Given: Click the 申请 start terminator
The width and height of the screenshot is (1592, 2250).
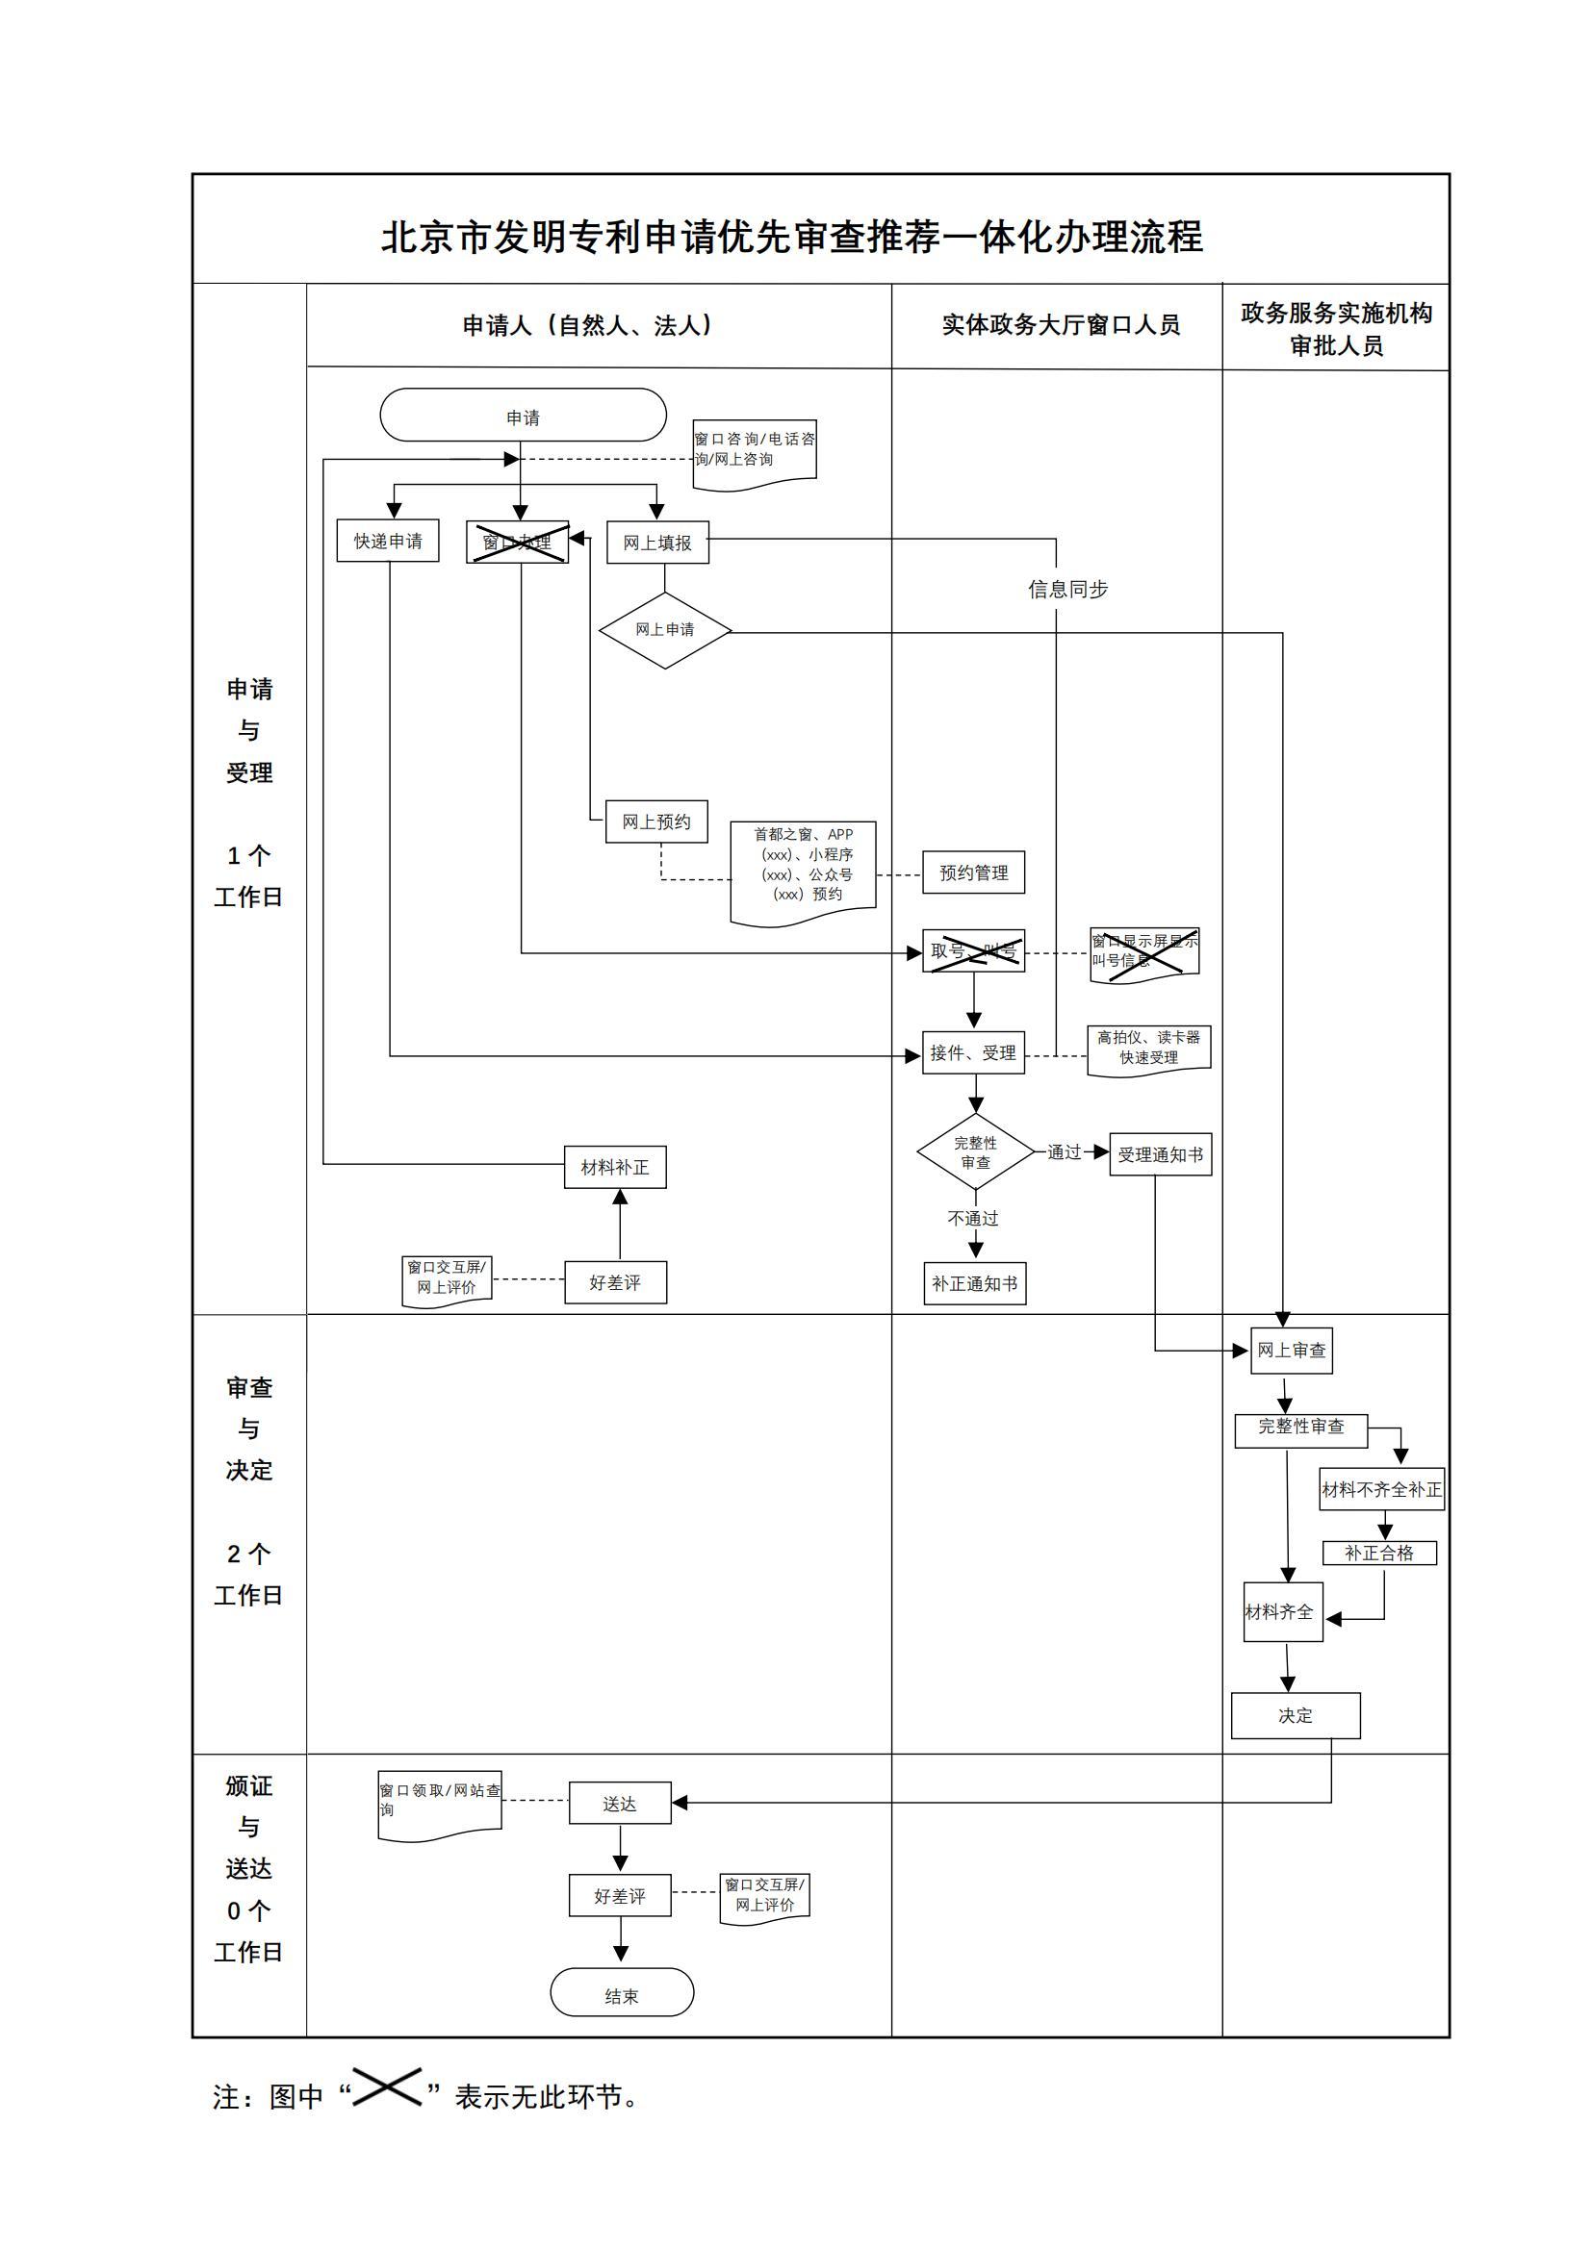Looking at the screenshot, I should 523,416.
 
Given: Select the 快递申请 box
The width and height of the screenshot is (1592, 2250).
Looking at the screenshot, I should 387,541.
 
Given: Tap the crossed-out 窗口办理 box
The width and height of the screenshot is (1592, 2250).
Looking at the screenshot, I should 517,542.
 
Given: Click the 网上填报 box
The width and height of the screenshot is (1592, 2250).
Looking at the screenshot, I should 656,542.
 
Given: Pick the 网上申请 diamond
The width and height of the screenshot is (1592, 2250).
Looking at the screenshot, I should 665,630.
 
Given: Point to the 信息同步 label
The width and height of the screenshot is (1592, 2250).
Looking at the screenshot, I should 1067,589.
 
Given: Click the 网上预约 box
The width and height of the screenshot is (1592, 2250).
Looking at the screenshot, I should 655,822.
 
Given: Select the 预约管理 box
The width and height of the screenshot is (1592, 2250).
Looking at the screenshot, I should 972,872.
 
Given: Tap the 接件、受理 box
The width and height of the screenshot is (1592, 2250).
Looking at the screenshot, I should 972,1052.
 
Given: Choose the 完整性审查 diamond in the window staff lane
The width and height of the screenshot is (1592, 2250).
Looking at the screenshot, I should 974,1152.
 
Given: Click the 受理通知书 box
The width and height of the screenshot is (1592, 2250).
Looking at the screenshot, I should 1160,1154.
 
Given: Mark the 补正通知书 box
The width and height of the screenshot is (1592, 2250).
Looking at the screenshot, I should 974,1283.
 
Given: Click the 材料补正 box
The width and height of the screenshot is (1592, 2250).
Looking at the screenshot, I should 615,1167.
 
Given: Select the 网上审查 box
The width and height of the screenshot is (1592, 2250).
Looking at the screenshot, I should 1291,1351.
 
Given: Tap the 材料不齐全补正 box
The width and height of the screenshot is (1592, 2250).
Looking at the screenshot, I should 1381,1489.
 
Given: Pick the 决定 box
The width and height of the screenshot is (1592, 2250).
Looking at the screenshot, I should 1295,1715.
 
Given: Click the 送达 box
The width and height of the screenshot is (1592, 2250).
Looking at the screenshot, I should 620,1803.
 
